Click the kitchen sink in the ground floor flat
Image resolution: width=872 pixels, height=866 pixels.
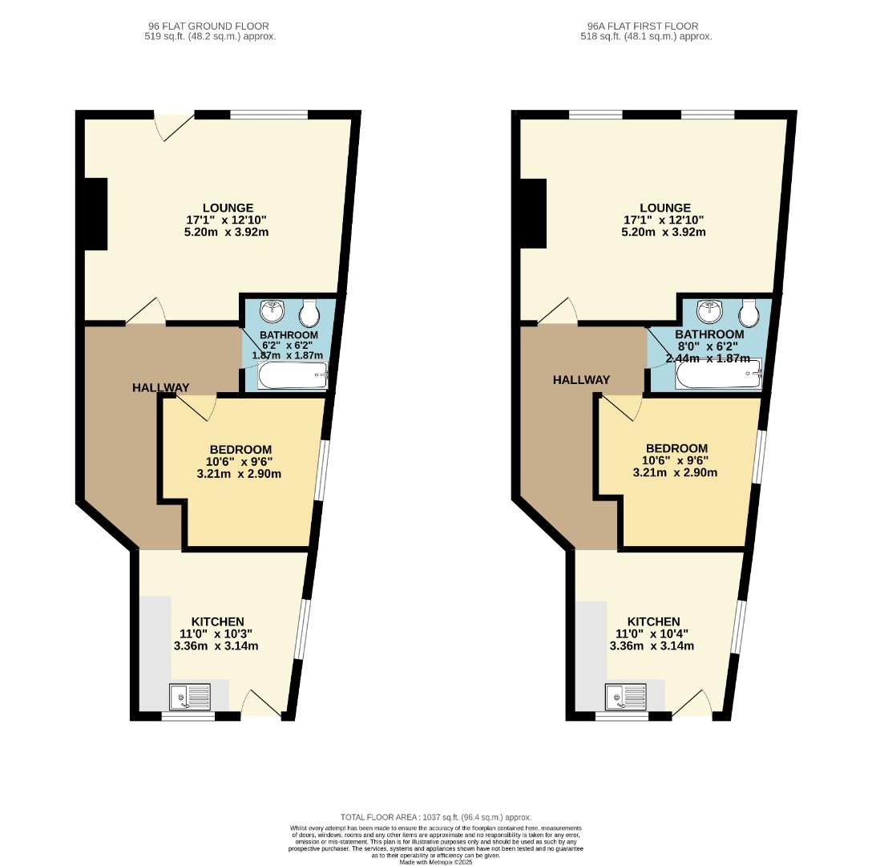coord(190,696)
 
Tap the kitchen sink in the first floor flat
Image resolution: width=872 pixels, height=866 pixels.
coord(626,696)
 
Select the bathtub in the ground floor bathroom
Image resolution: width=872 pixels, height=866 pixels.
coord(293,376)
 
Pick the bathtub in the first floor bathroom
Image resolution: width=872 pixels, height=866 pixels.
coord(718,374)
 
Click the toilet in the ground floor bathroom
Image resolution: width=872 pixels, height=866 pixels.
coord(309,314)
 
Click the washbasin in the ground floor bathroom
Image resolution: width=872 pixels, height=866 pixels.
coord(272,311)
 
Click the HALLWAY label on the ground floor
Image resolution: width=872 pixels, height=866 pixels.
coord(161,387)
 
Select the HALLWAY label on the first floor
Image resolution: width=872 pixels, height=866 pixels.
coord(581,380)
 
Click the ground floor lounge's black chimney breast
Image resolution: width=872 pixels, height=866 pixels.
coord(95,214)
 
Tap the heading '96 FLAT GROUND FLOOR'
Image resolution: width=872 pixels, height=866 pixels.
coord(208,26)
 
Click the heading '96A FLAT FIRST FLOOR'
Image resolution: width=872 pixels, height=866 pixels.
coord(643,26)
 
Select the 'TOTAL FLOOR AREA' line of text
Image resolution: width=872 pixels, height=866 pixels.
coord(436,818)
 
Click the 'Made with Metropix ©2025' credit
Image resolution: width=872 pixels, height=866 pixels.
coord(436,863)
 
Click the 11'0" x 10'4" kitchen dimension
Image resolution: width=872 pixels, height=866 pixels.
coord(653,634)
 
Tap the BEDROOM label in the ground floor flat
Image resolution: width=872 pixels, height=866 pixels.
coord(240,450)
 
